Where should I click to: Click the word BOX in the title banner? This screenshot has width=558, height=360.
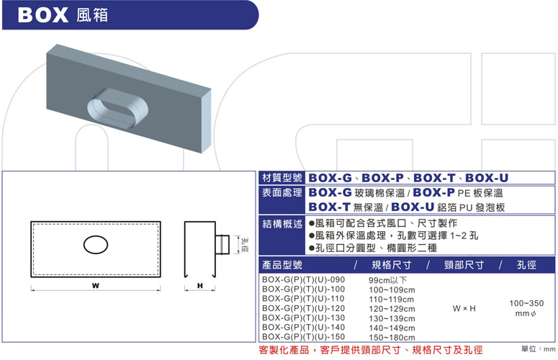tap(42, 15)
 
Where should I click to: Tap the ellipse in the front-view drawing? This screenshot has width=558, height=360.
tap(96, 245)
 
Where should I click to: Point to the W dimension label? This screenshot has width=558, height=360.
tap(95, 286)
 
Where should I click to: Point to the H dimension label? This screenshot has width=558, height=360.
tap(200, 286)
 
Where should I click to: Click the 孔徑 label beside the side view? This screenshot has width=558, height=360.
tap(245, 245)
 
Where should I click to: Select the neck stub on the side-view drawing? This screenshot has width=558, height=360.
tap(222, 244)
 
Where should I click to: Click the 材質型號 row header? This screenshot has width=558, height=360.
tap(282, 178)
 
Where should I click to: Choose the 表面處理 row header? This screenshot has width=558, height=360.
tap(282, 193)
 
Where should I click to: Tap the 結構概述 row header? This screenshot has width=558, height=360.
tap(282, 224)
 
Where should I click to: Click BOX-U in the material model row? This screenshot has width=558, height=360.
tap(487, 178)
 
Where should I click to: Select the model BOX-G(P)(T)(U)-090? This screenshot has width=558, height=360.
tap(304, 279)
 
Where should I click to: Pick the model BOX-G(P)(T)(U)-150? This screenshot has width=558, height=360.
tap(304, 336)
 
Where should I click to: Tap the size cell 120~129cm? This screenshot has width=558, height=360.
tap(392, 309)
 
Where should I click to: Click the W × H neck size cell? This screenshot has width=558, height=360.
tap(464, 308)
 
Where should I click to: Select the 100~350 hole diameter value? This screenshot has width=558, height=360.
tap(526, 303)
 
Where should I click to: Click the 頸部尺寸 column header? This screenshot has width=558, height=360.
tap(464, 265)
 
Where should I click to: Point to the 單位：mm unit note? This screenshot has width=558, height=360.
tap(539, 349)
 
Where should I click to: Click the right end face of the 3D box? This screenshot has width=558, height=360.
tap(207, 120)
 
